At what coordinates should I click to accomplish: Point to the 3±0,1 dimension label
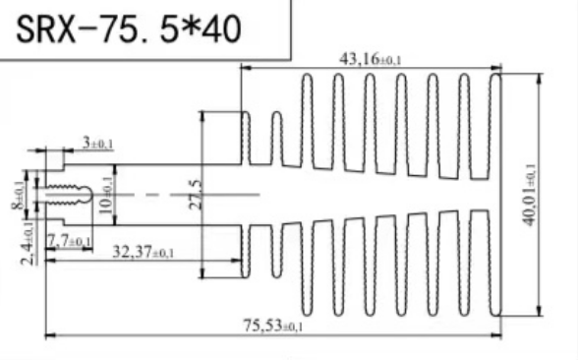click(x=98, y=144)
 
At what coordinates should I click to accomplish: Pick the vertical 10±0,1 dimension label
click(x=107, y=185)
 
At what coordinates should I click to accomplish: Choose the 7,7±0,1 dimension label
click(x=70, y=239)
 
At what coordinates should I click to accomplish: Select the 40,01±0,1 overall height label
click(x=531, y=193)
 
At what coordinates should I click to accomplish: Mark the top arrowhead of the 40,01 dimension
click(x=541, y=76)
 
